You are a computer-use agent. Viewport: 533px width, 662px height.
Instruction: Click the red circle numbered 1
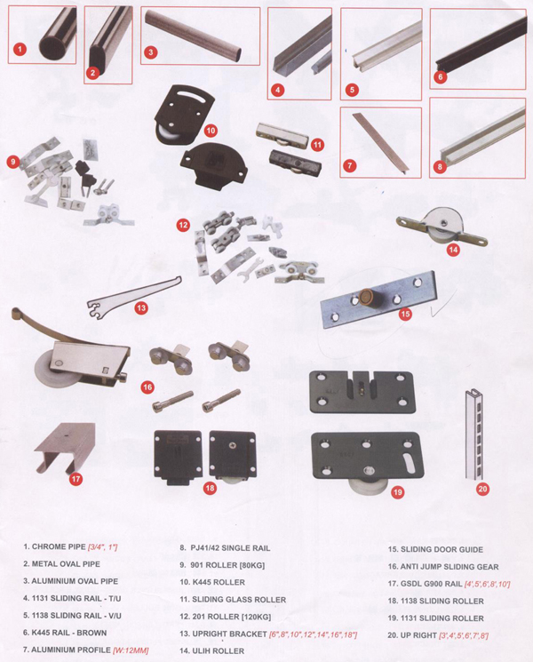click(x=20, y=50)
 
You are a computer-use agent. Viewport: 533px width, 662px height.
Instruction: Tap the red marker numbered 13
click(x=141, y=307)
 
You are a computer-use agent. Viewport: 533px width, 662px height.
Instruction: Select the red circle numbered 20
click(x=482, y=489)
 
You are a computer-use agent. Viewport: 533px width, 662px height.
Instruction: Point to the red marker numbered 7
click(x=349, y=165)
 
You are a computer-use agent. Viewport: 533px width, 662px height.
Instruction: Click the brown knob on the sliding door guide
click(x=363, y=296)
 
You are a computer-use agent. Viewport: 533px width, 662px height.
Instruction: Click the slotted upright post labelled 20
click(x=473, y=434)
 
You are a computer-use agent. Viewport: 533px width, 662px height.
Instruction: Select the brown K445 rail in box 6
click(x=481, y=48)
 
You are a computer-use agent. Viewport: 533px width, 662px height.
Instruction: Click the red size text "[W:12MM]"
click(x=131, y=650)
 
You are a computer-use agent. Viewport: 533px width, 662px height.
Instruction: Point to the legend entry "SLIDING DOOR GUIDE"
click(x=442, y=549)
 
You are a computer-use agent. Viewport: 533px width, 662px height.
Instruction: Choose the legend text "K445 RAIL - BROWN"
click(x=69, y=633)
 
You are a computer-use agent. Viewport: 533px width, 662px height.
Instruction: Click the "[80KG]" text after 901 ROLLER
click(x=252, y=565)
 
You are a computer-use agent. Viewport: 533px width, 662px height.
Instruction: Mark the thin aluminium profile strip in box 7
click(x=381, y=142)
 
